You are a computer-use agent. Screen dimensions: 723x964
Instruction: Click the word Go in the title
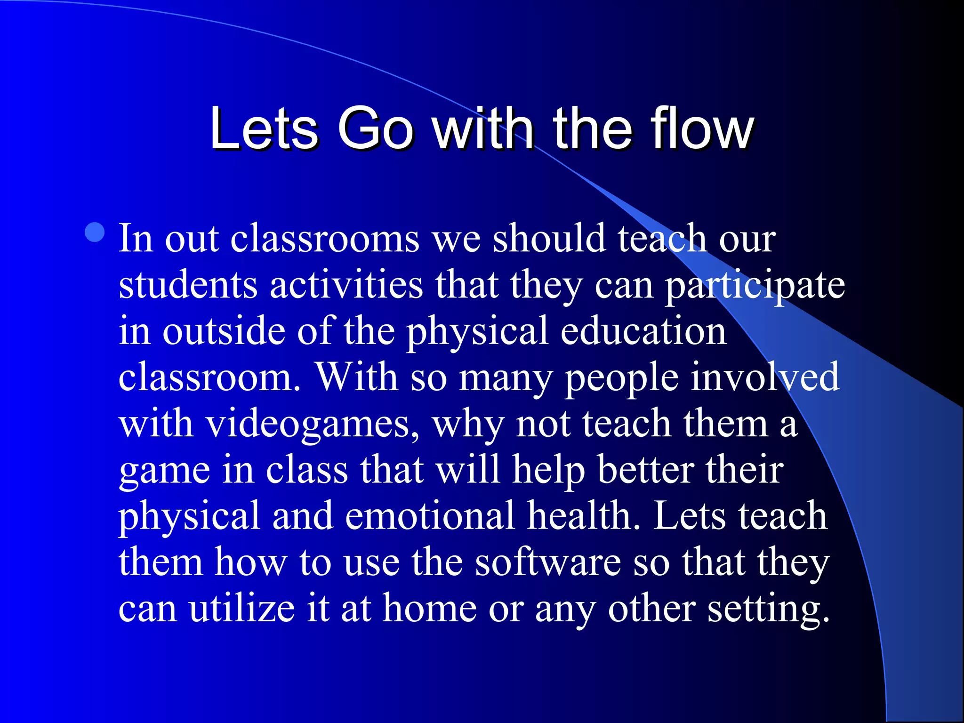click(375, 128)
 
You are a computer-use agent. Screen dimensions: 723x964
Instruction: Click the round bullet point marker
click(95, 233)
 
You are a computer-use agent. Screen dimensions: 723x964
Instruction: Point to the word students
click(188, 285)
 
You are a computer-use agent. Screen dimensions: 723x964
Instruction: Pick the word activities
click(346, 285)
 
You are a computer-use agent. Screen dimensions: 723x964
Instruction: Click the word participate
click(755, 285)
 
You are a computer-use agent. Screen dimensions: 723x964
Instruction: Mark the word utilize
click(242, 609)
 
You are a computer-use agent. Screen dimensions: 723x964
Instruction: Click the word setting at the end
click(768, 609)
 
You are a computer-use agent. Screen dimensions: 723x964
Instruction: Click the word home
click(429, 609)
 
